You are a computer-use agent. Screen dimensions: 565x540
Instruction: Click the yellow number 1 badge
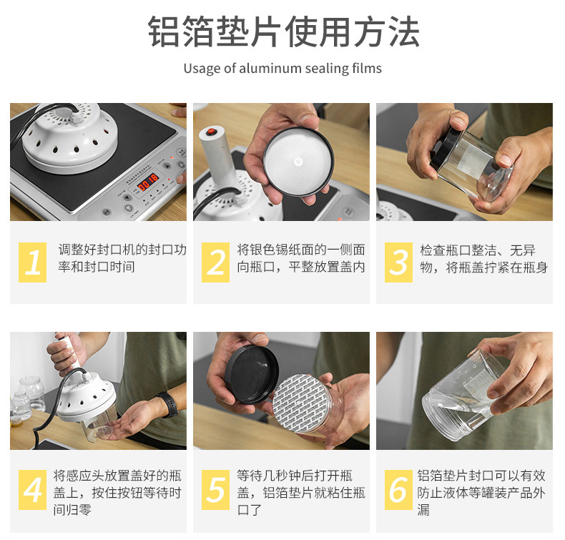32,262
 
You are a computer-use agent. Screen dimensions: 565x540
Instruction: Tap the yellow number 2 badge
215,262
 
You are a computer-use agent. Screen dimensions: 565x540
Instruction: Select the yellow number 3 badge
398,262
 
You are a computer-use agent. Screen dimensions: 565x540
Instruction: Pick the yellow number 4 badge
32,490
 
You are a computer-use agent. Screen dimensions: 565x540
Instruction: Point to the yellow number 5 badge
215,490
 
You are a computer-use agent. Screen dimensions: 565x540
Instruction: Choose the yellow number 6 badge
398,490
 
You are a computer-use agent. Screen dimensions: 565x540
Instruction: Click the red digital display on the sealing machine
148,182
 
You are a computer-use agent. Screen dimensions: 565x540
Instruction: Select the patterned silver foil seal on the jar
298,403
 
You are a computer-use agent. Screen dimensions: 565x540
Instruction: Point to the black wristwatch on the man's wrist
169,404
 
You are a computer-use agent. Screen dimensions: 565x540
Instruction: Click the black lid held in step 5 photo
252,375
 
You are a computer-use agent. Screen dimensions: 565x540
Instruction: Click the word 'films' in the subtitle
367,68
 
